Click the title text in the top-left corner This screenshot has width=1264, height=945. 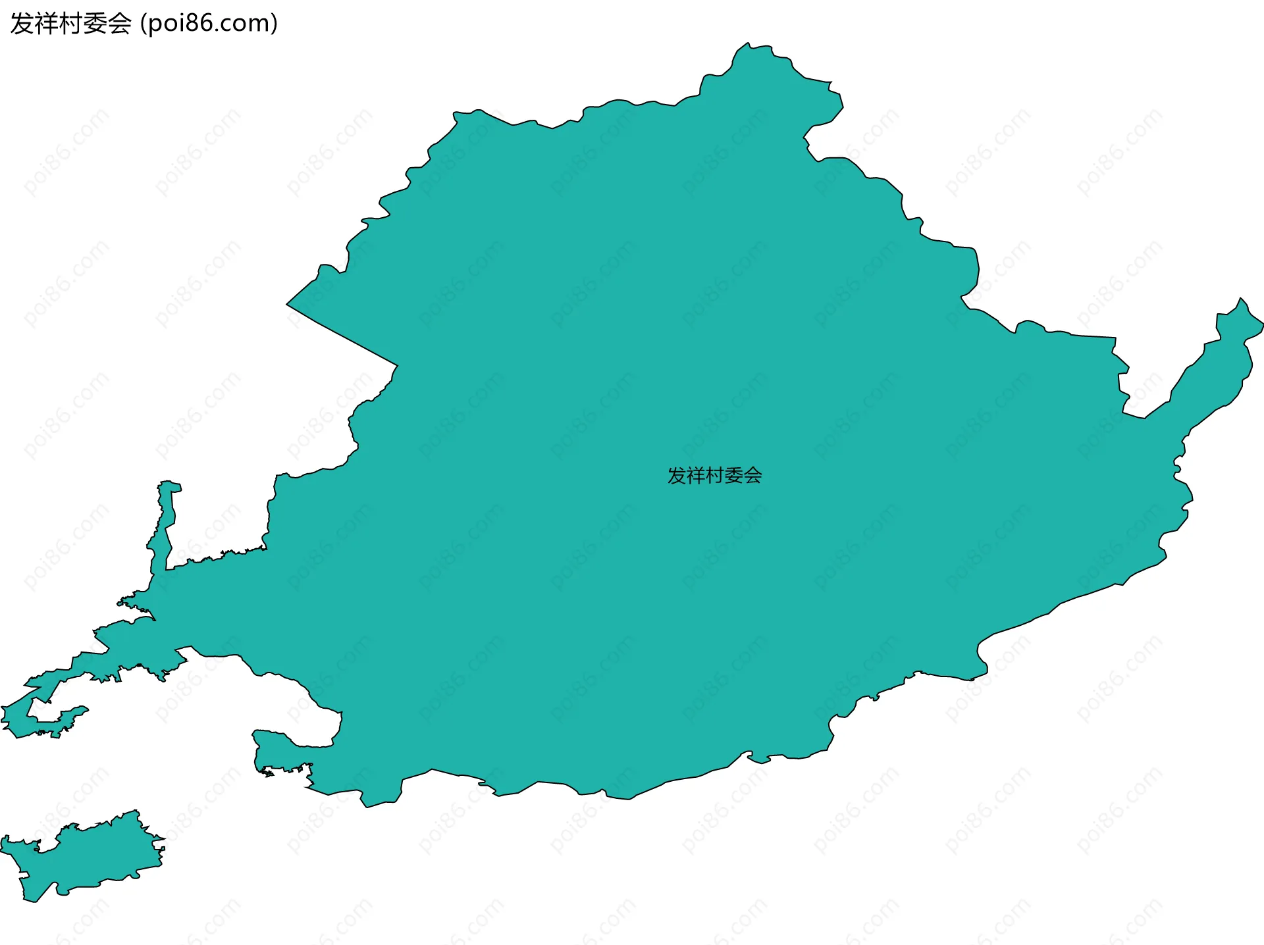coord(144,24)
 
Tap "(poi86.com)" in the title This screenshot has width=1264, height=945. coord(209,24)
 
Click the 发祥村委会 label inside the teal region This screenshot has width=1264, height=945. coord(714,475)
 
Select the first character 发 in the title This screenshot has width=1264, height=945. coord(21,24)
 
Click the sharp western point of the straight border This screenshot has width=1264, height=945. coord(287,304)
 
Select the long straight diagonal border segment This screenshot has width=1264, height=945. coord(342,335)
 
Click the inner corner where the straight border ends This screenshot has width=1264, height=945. coord(397,365)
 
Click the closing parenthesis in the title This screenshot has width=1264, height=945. coord(274,24)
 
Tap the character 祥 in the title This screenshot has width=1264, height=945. coord(45,24)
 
